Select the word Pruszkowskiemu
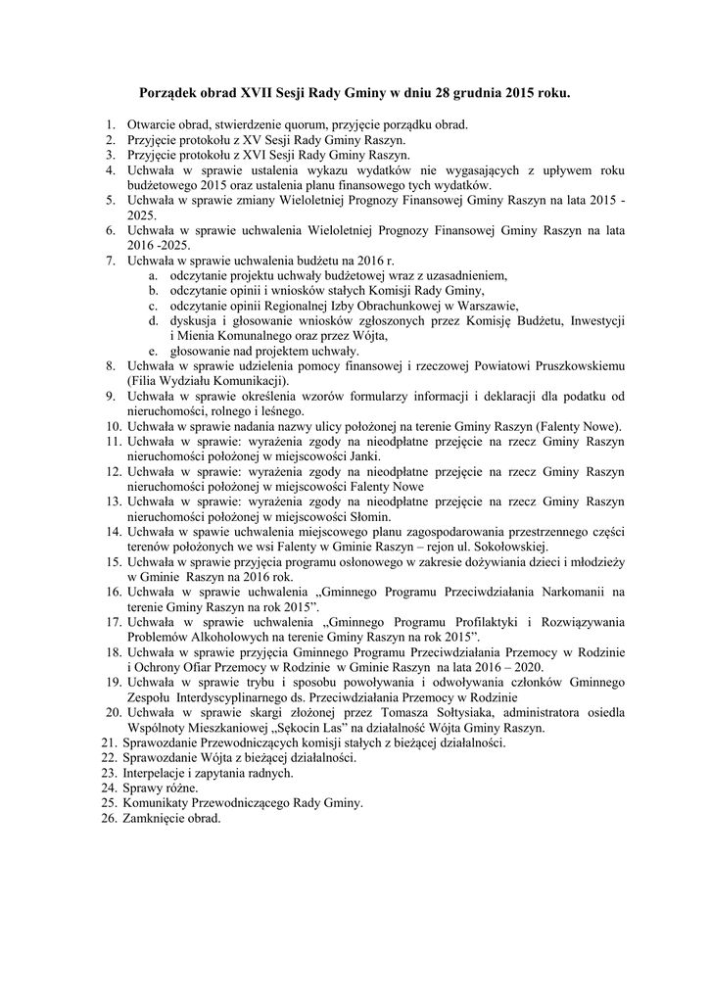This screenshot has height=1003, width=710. coord(578,365)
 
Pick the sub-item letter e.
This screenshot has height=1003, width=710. coord(153,350)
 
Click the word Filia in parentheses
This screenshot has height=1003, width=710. coord(144,380)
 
